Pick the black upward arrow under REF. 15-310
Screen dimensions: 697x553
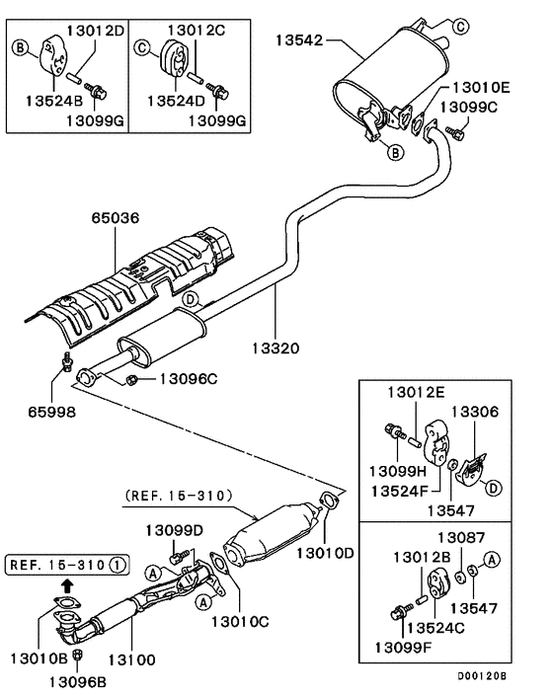pyautogui.click(x=66, y=584)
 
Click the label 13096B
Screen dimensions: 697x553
pyautogui.click(x=78, y=679)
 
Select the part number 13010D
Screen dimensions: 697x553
pyautogui.click(x=325, y=554)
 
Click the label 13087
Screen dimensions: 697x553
pyautogui.click(x=462, y=537)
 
